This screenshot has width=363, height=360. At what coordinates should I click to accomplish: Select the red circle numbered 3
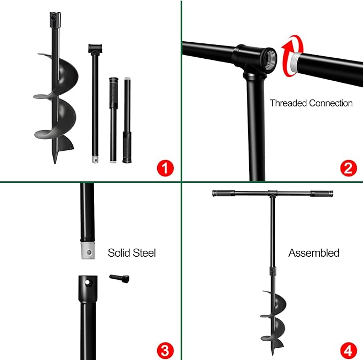point(166,350)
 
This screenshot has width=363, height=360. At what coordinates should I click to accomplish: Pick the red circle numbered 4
point(347,350)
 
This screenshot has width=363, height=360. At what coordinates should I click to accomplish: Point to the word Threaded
point(288,103)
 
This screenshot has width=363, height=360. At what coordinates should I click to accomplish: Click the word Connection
point(331,103)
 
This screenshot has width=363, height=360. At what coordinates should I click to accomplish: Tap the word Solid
point(119,252)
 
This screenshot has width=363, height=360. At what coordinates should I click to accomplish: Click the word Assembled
point(314,252)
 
